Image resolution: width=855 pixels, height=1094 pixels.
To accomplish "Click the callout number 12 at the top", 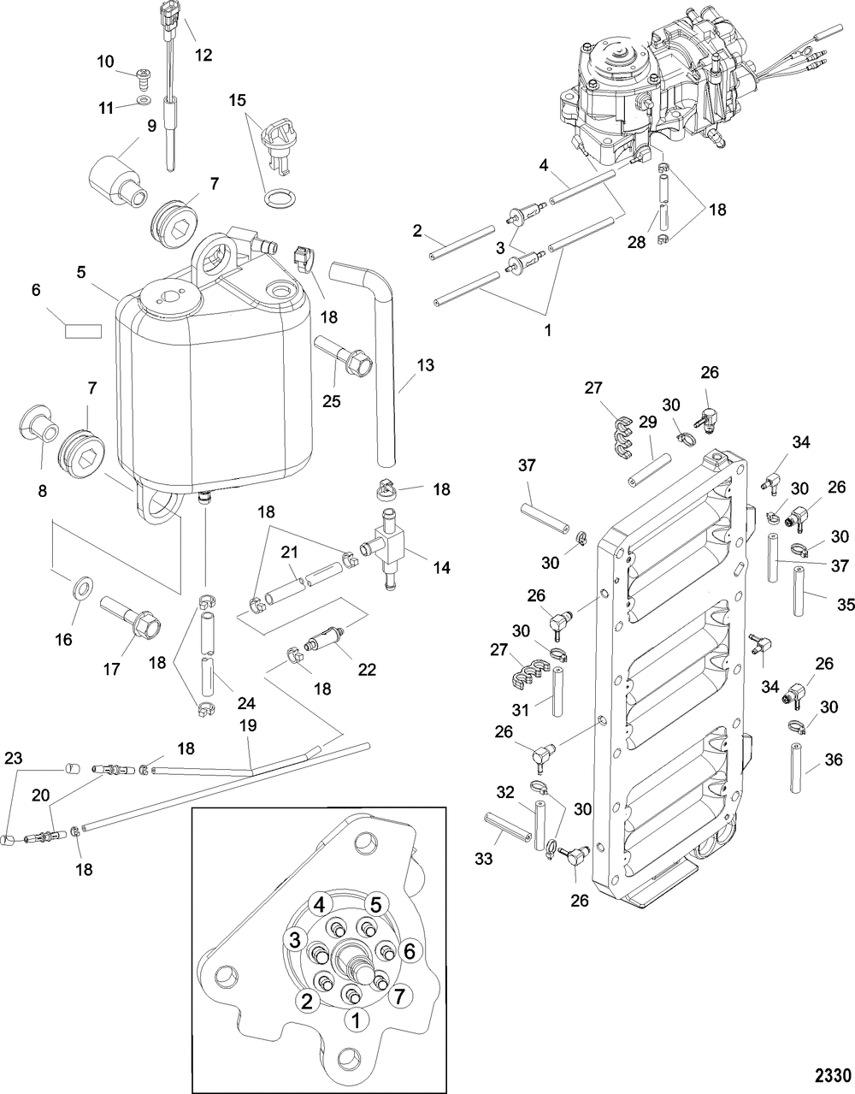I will (203, 55).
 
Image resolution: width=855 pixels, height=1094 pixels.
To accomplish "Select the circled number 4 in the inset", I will (319, 904).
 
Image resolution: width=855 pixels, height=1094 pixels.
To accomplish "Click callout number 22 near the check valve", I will (366, 670).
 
